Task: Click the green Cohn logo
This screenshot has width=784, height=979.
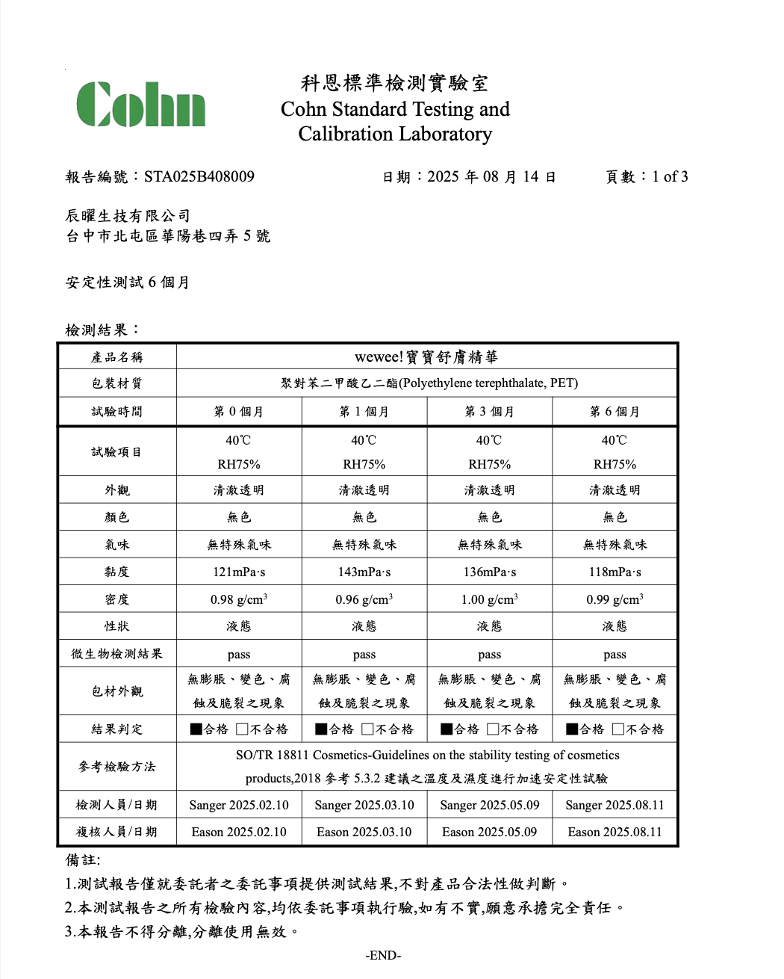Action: [141, 104]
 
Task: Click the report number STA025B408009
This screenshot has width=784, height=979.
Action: [199, 177]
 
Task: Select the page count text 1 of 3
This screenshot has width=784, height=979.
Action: [670, 177]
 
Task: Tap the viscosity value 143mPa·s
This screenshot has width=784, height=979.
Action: [364, 572]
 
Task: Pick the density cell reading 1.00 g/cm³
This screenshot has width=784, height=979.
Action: [490, 599]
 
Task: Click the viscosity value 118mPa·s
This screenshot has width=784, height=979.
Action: [615, 572]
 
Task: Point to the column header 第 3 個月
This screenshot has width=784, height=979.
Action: [490, 412]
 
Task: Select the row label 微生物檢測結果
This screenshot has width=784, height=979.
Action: [117, 654]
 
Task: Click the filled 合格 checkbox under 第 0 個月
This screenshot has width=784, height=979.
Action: [196, 729]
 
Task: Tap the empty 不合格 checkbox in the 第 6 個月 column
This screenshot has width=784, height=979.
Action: [618, 729]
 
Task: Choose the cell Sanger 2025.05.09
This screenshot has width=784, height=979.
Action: [490, 805]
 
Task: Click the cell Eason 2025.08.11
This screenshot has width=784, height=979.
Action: [615, 832]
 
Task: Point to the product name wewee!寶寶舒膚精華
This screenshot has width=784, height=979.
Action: [426, 357]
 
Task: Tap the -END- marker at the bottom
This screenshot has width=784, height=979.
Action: [383, 955]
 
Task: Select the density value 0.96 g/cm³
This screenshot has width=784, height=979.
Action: [364, 599]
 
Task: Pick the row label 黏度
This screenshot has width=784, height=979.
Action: [117, 572]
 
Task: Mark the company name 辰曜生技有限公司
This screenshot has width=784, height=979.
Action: [128, 216]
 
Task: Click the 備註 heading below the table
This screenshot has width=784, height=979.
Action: [82, 859]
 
